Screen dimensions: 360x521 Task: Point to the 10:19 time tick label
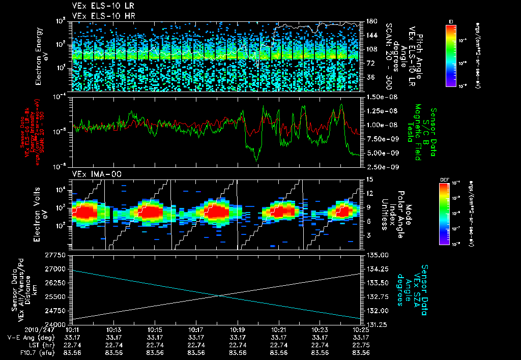[238, 329]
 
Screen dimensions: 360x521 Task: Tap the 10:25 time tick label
[361, 329]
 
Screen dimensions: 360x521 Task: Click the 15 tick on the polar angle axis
[369, 179]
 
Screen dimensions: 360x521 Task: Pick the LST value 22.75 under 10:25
[361, 345]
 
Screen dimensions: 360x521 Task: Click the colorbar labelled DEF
[451, 214]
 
